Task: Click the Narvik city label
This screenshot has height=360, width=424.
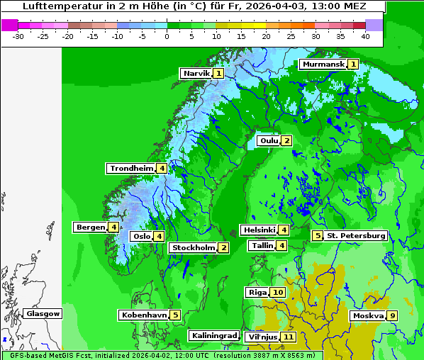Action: tap(196, 74)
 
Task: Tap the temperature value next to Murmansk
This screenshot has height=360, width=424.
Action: tap(353, 64)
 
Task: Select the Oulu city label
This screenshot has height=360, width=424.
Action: tap(269, 141)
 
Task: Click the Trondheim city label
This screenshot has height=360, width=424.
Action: tap(132, 169)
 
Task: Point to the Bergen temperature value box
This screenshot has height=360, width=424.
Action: tap(113, 227)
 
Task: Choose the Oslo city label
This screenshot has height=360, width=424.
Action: tap(142, 237)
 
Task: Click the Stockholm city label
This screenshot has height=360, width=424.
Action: tap(193, 248)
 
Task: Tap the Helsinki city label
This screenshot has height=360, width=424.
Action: tap(259, 230)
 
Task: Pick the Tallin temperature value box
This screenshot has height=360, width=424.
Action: tap(282, 246)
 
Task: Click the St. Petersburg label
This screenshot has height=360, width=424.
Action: tap(355, 236)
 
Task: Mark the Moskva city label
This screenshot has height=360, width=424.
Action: tap(368, 316)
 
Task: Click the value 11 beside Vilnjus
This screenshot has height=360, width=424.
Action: tap(288, 337)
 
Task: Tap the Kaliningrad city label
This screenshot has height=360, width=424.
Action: tap(213, 335)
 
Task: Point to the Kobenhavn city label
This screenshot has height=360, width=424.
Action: tap(144, 315)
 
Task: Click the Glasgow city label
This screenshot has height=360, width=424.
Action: tap(43, 314)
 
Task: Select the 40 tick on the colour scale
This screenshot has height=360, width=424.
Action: tap(365, 35)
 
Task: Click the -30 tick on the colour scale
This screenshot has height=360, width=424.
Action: tap(18, 35)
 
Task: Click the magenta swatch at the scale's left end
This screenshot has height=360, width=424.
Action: tap(9, 25)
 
